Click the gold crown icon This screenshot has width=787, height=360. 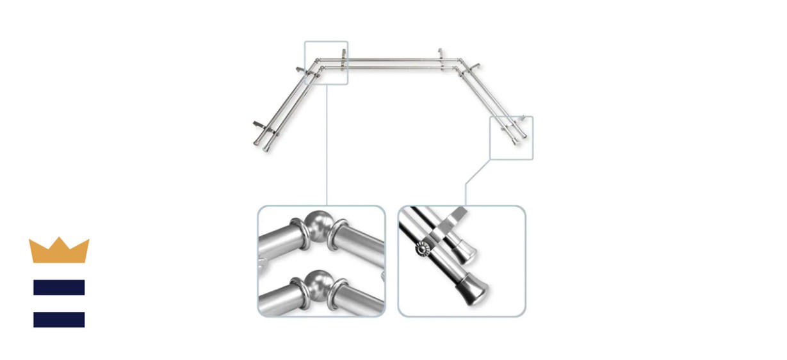pyautogui.click(x=59, y=250)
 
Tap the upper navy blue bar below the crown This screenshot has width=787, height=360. pyautogui.click(x=59, y=288)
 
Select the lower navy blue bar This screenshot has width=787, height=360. pyautogui.click(x=59, y=319)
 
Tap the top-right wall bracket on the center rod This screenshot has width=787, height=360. pyautogui.click(x=440, y=54)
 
